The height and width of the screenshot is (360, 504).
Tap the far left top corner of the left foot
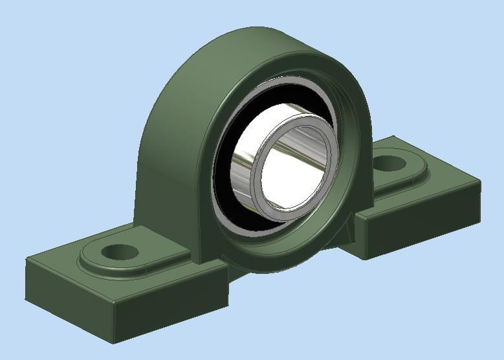coord(27,258)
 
